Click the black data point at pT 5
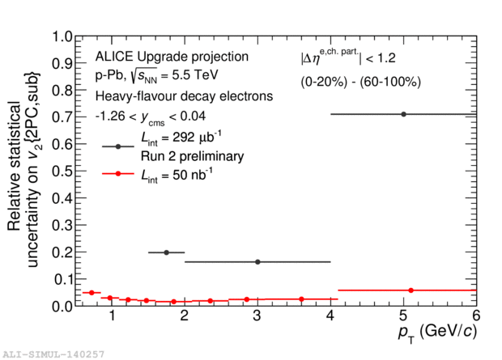tap(403, 114)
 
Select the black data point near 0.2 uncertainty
tap(166, 252)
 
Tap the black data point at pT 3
tap(257, 262)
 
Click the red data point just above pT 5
tap(411, 290)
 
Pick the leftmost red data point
tap(91, 293)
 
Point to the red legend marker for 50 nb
tap(118, 173)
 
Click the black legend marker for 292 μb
tap(118, 146)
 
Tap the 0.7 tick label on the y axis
tap(62, 117)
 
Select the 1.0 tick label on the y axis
tap(62, 36)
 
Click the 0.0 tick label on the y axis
tap(62, 307)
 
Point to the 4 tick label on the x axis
tap(330, 316)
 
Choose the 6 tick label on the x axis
tap(476, 316)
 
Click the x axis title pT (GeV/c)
tap(437, 332)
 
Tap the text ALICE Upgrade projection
tap(172, 57)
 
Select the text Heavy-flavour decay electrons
tap(184, 96)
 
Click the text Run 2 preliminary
tap(193, 156)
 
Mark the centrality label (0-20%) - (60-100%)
tap(360, 82)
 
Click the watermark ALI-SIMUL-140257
tap(53, 354)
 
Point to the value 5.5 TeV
tap(195, 75)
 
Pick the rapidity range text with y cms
tap(151, 117)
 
